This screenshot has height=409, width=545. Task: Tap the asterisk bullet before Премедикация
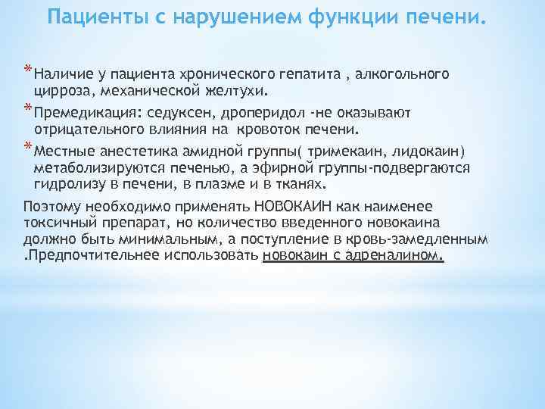point(28,110)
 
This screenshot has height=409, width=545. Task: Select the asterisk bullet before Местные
point(28,148)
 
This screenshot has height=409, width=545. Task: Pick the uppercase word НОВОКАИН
point(294,205)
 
